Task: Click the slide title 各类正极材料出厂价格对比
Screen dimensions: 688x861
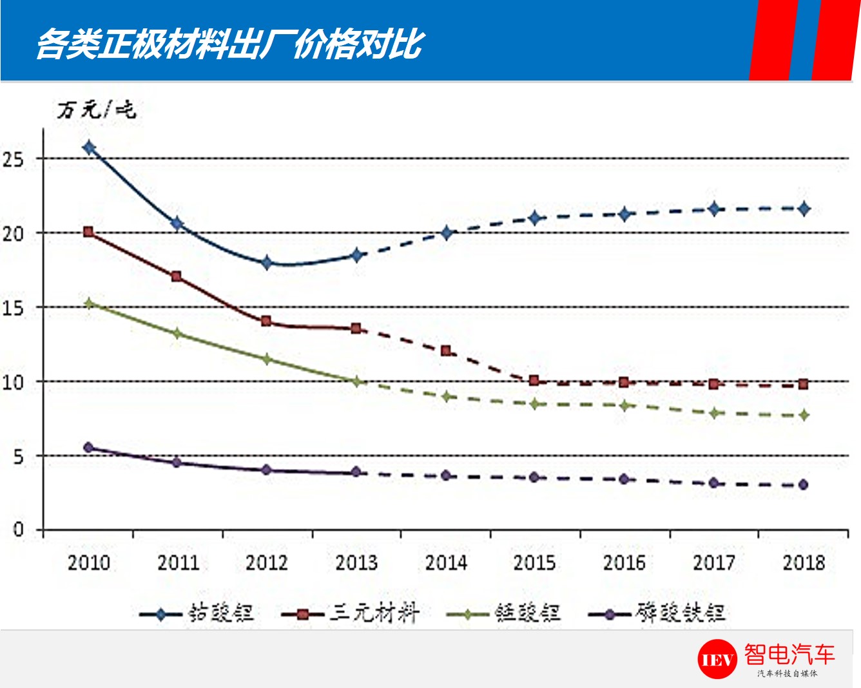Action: pyautogui.click(x=229, y=44)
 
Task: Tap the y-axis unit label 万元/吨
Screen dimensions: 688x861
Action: pyautogui.click(x=97, y=110)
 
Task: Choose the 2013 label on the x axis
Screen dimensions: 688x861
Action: pyautogui.click(x=356, y=562)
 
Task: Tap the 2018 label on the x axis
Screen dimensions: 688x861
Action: pyautogui.click(x=803, y=562)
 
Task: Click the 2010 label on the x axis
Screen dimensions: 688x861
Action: pyautogui.click(x=89, y=562)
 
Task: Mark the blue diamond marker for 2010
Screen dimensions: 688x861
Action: pyautogui.click(x=89, y=148)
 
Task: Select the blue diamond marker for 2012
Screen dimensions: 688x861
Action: pyautogui.click(x=267, y=262)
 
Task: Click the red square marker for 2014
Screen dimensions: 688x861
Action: pyautogui.click(x=445, y=351)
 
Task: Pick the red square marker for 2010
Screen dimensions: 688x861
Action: pyautogui.click(x=89, y=232)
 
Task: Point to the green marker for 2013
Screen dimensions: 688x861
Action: pyautogui.click(x=356, y=382)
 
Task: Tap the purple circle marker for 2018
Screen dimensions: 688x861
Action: pyautogui.click(x=803, y=484)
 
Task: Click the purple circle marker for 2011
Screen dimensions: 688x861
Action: pyautogui.click(x=177, y=463)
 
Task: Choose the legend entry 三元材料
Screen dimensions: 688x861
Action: pyautogui.click(x=351, y=613)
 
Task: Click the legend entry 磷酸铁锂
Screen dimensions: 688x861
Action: pyautogui.click(x=657, y=613)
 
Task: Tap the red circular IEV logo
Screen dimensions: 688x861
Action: pyautogui.click(x=717, y=659)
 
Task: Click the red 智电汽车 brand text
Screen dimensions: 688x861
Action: pyautogui.click(x=789, y=655)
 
